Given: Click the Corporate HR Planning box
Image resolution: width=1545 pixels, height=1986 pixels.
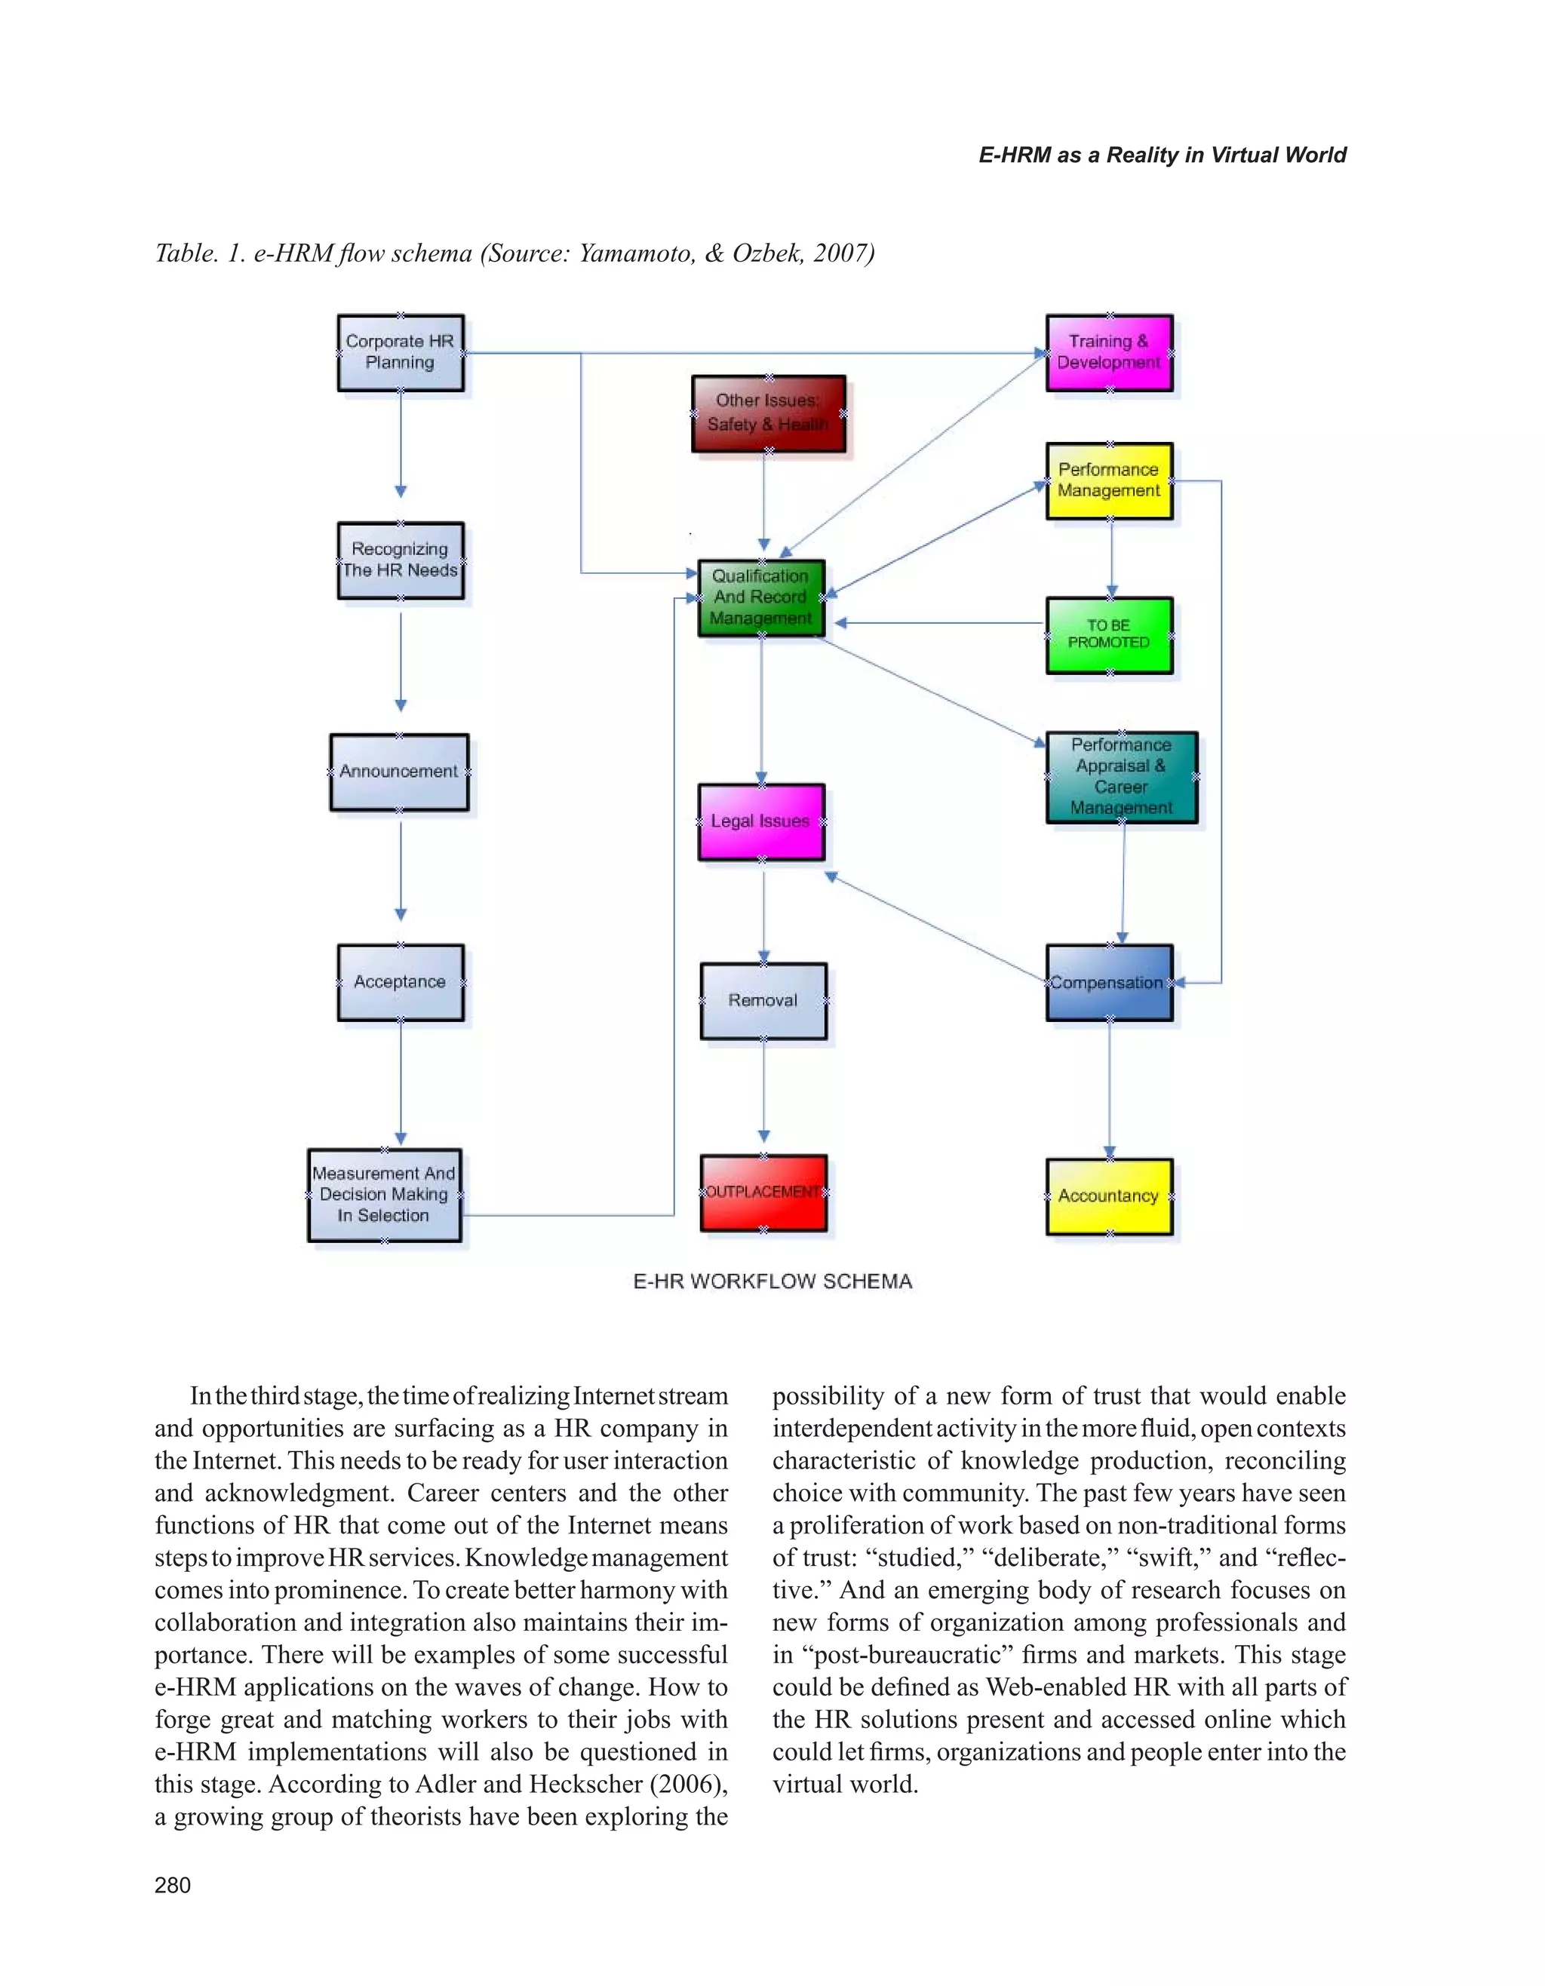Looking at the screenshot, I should [400, 353].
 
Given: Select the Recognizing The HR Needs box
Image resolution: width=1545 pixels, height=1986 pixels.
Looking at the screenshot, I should [400, 560].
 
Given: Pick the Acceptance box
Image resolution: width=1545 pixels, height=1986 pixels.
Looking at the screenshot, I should [400, 982].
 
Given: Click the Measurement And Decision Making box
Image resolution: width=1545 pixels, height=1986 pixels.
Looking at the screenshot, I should [384, 1195].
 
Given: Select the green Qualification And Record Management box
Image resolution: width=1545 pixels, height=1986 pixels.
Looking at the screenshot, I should [761, 597].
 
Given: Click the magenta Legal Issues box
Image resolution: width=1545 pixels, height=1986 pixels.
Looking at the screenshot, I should [761, 821].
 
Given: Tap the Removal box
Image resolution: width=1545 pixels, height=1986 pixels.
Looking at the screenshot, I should [763, 1000].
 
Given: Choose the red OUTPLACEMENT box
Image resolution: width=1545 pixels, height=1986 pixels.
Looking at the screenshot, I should [763, 1193].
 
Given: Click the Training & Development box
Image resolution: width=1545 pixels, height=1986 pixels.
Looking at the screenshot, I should [1108, 353].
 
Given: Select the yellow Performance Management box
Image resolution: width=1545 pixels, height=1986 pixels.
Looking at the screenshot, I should [1108, 480].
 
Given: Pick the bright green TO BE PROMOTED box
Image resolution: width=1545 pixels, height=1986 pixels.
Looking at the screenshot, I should [1108, 634].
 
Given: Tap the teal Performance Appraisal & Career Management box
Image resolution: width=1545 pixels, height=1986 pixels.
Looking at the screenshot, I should [1120, 777].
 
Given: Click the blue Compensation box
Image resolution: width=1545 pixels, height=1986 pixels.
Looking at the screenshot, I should [1108, 982].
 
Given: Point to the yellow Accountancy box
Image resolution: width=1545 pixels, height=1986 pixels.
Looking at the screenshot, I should [1108, 1196].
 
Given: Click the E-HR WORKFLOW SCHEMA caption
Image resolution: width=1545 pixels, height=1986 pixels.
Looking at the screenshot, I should [772, 1282].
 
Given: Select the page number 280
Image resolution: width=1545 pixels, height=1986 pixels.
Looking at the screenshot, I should [173, 1885].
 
